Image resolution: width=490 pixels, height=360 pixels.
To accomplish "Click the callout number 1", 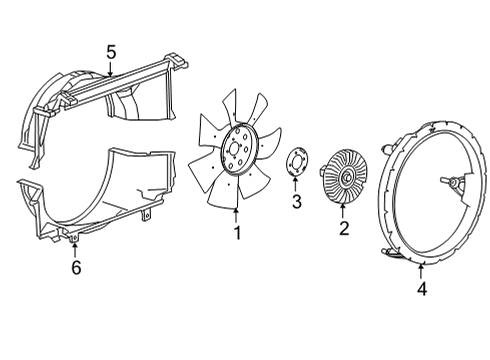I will (237, 232).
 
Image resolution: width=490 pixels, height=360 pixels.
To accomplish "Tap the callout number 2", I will (343, 228).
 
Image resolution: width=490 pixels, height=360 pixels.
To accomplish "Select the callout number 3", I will (296, 204).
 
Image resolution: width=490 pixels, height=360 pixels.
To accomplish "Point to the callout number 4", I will (420, 290).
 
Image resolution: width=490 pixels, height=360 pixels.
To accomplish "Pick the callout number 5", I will (112, 51).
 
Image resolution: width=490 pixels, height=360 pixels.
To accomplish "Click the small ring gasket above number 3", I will (296, 164).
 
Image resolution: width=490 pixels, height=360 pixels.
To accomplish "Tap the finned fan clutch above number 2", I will (344, 179).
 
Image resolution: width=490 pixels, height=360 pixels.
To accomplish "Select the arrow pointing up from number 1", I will (237, 214).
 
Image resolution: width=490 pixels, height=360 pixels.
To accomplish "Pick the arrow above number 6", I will (76, 250).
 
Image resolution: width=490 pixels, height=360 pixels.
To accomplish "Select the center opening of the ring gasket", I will (296, 164).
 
